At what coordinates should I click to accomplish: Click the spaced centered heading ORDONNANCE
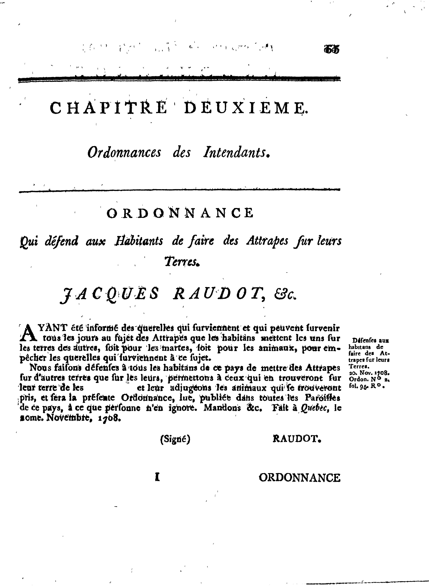pos(180,213)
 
